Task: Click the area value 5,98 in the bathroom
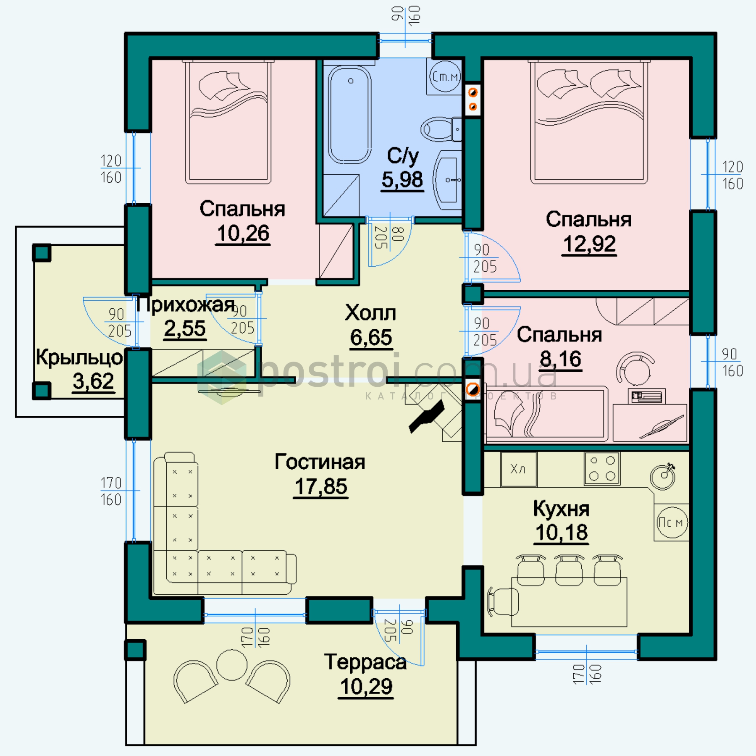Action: [402, 180]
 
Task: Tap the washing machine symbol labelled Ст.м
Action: [445, 76]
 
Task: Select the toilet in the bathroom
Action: [441, 129]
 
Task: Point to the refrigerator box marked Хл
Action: [518, 469]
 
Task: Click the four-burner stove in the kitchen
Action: [602, 468]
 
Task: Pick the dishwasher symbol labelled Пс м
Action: [672, 522]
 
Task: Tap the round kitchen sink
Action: [662, 475]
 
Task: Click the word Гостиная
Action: [320, 462]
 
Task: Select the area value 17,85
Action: [321, 487]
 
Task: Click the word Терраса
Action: [365, 662]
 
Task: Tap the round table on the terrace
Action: [231, 665]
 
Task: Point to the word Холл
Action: [370, 313]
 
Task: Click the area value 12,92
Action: [589, 244]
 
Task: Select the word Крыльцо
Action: [79, 357]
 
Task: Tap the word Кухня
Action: [561, 509]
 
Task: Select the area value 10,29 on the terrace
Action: [366, 687]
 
